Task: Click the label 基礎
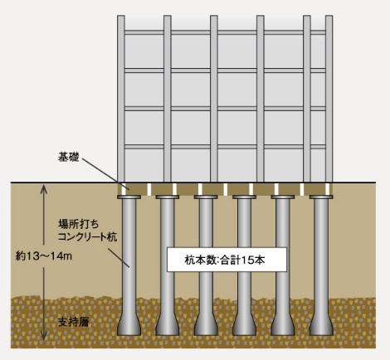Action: tap(68, 157)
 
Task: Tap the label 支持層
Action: tap(74, 322)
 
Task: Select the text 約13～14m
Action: tap(44, 256)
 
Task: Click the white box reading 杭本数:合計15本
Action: tap(227, 260)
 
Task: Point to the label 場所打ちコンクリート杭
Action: tap(87, 231)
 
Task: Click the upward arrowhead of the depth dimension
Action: tap(44, 188)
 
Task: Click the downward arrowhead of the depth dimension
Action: tap(44, 336)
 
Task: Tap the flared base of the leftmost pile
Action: tap(129, 325)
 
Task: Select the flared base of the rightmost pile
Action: tap(321, 325)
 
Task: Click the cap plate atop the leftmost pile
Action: tap(129, 197)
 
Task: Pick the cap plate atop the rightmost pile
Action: tap(321, 197)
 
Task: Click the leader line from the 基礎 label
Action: tap(105, 173)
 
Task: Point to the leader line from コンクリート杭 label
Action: tap(119, 258)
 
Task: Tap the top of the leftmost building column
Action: tap(121, 17)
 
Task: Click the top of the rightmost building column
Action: tap(329, 17)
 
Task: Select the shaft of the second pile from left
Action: tap(168, 257)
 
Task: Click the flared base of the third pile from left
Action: tap(206, 325)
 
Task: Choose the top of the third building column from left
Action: tap(214, 17)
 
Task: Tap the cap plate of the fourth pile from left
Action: tap(244, 197)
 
